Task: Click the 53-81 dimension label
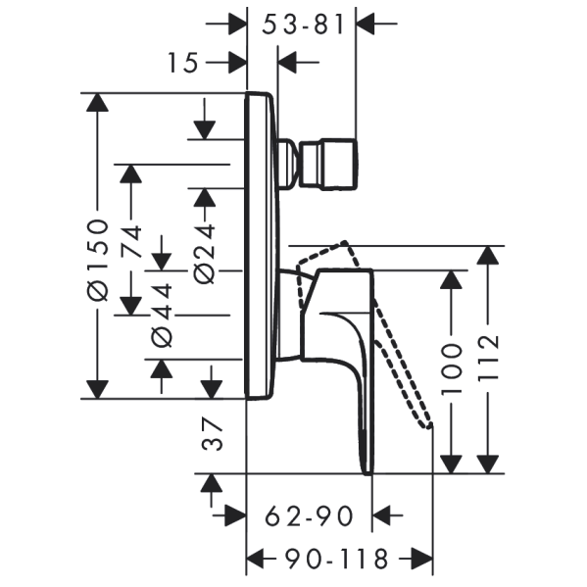tap(303, 25)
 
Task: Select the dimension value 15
tap(182, 63)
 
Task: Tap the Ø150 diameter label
tap(98, 261)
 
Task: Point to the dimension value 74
tap(131, 241)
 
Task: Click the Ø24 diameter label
tap(205, 254)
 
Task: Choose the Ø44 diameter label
tap(162, 316)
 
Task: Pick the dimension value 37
tap(212, 434)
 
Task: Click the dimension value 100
tap(451, 368)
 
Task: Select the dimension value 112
tap(488, 358)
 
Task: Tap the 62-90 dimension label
tap(309, 516)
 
